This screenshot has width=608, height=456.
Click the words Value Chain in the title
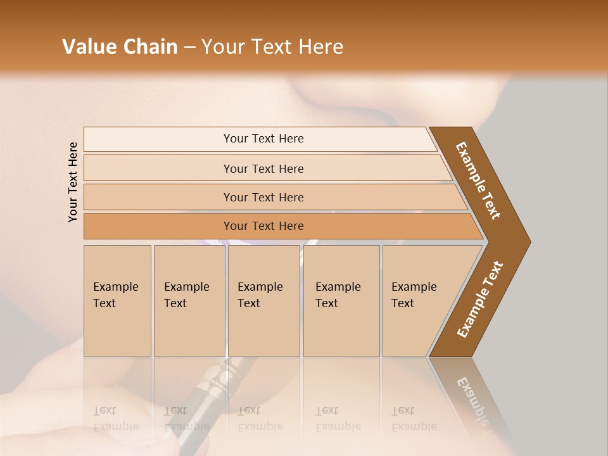(x=120, y=46)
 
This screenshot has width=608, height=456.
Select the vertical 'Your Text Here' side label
(x=73, y=182)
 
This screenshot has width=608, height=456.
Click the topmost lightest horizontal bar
(x=263, y=139)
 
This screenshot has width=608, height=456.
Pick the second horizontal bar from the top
(x=263, y=168)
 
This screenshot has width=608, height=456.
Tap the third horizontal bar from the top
(x=263, y=197)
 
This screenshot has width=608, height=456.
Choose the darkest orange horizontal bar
(x=263, y=226)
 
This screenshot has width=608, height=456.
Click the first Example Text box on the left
(x=117, y=301)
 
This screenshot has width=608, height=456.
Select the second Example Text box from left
(x=189, y=301)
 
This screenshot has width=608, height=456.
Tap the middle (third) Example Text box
(x=263, y=301)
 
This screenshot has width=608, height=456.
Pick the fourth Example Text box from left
(x=341, y=301)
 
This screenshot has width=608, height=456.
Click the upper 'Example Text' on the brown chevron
(x=479, y=180)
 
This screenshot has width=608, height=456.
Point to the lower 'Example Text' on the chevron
(x=480, y=300)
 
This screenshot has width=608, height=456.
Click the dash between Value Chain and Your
(x=189, y=47)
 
